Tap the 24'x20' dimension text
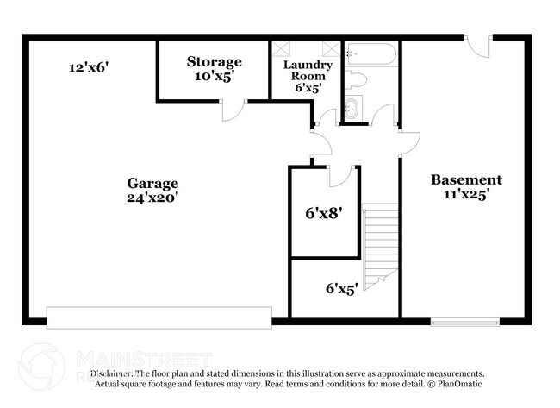coord(152,198)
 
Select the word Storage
coord(215,61)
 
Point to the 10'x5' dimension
coord(215,76)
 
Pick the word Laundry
coord(308,65)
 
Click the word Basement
coord(466,180)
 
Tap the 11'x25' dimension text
coord(466,195)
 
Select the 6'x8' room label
coord(324,210)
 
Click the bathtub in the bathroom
coord(370,56)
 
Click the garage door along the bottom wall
coord(161,317)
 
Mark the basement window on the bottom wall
coord(464,321)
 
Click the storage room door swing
coord(233,109)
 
